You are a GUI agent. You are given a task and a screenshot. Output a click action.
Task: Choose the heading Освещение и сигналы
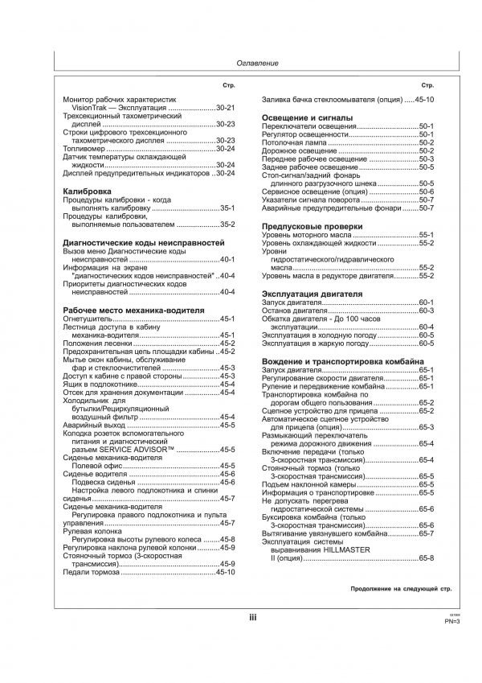pos(308,118)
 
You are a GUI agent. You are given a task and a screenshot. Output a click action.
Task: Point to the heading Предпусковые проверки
pos(312,227)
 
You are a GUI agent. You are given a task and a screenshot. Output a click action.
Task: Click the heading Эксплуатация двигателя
pos(312,294)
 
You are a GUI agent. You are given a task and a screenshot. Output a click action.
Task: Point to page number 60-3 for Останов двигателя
pos(426,311)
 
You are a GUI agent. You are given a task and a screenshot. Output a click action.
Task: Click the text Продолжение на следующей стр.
pos(400,589)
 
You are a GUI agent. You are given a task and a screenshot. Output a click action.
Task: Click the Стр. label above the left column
pos(228,84)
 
